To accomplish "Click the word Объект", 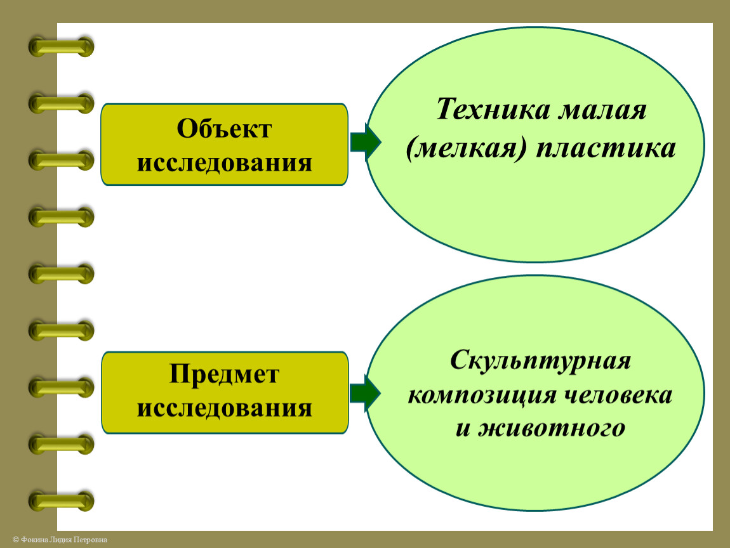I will point(224,129).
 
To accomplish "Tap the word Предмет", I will point(224,374).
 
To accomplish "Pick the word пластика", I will point(606,149).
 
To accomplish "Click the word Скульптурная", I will point(541,362).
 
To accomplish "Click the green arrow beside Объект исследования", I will point(365,142).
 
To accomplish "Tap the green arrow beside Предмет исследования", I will point(365,393).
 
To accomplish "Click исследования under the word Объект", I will point(224,163).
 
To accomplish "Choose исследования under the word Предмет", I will point(224,407).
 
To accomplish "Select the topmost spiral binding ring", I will point(61,47).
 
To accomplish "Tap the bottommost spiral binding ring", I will point(61,501).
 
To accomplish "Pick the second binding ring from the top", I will point(61,103).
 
